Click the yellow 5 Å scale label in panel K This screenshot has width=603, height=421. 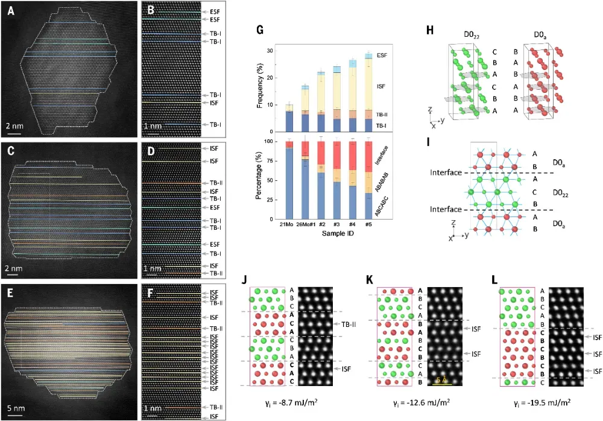click(x=442, y=379)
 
